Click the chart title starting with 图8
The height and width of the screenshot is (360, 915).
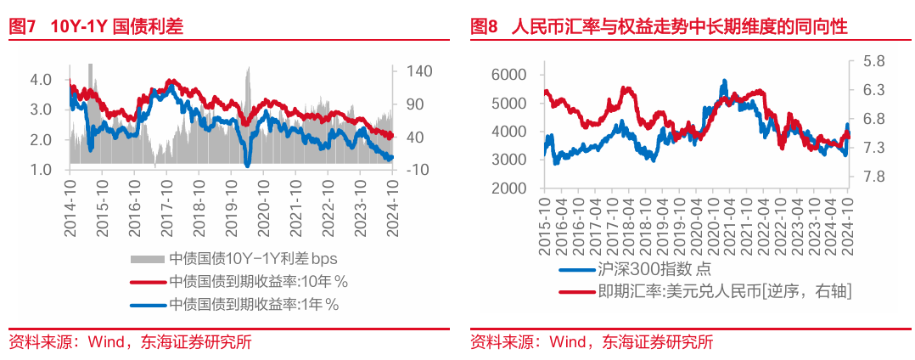pos(659,26)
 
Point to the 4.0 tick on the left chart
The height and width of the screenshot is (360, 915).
pos(41,79)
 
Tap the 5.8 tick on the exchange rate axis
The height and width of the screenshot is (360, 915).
pos(873,61)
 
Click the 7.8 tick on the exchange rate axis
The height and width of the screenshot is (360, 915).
pos(873,177)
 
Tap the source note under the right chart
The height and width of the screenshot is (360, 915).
pos(592,342)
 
